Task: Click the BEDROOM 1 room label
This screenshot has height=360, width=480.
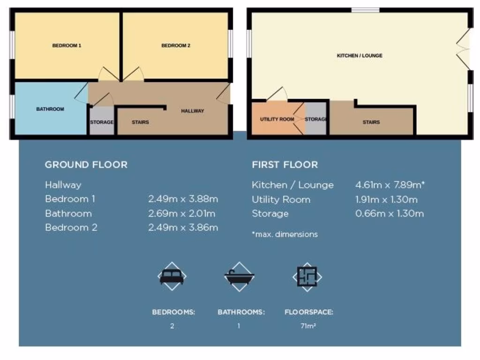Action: pos(67,46)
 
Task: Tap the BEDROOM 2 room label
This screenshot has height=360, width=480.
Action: pos(176,46)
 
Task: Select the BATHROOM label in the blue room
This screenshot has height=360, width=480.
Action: pos(50,109)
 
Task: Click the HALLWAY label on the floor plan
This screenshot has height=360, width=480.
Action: pos(193,111)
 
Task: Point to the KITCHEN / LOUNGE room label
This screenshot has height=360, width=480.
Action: pos(360,56)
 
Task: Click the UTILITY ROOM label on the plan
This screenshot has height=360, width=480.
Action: pos(277,120)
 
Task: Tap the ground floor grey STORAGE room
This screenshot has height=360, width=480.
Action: pos(102,122)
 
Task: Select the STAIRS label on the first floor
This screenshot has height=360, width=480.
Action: pos(371,122)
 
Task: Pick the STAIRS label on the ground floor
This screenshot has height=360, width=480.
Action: pos(140,122)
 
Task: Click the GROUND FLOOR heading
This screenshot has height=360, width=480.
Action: pos(86,165)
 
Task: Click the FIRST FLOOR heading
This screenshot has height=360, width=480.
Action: pos(285,165)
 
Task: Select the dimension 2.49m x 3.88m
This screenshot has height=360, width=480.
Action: pos(183,199)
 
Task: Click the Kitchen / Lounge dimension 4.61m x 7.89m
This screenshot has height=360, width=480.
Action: pos(390,185)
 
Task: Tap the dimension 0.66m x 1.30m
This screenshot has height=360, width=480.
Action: pos(389,214)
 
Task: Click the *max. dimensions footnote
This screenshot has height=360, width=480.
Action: pos(285,234)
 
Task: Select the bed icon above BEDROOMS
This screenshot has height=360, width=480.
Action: pos(172,276)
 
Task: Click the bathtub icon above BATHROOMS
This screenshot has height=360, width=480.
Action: pos(239,276)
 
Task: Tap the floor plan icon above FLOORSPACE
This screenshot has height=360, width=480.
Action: pos(307,276)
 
